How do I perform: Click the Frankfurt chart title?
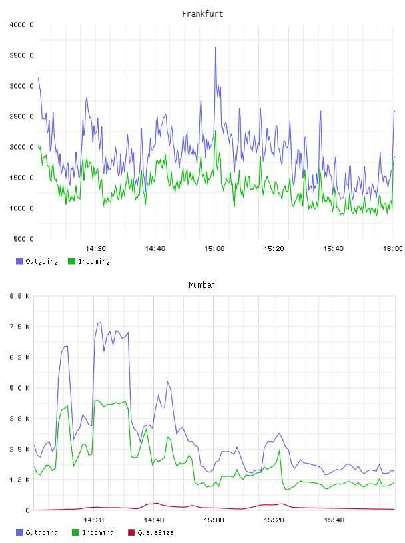click(202, 13)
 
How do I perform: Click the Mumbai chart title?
click(202, 285)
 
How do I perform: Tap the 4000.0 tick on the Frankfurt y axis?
click(21, 25)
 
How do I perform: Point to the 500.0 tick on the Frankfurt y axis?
click(23, 239)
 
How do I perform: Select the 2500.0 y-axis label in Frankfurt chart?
click(21, 116)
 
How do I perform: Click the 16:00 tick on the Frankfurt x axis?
click(392, 248)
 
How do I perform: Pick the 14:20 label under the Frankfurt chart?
click(95, 248)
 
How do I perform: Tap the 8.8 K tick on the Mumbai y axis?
click(20, 296)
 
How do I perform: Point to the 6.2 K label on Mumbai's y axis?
click(20, 357)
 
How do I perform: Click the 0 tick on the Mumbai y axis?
click(28, 510)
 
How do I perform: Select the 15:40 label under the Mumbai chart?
click(334, 520)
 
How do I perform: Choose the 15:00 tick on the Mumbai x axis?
click(214, 520)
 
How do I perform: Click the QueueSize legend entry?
click(151, 532)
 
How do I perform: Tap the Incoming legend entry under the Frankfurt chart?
click(89, 261)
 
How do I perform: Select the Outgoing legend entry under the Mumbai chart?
click(37, 532)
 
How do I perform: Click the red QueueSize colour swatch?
click(131, 532)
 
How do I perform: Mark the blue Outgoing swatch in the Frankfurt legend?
click(19, 261)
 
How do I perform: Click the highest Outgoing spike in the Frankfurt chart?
click(216, 47)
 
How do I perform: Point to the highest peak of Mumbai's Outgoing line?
click(100, 322)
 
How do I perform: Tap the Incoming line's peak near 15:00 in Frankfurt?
click(216, 131)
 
